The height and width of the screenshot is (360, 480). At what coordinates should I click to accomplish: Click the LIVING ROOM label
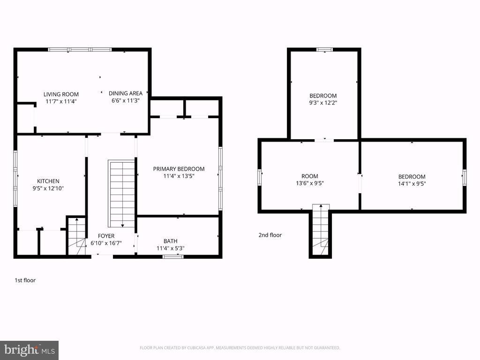click(x=61, y=94)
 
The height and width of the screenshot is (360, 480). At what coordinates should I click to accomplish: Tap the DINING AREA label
click(x=126, y=93)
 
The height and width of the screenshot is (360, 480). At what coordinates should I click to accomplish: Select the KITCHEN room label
click(x=48, y=181)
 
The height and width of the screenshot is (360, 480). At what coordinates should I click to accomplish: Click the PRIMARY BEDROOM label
click(x=179, y=169)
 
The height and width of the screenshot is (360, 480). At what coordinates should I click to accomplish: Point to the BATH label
click(x=170, y=241)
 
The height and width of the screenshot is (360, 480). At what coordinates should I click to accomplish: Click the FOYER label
click(x=106, y=236)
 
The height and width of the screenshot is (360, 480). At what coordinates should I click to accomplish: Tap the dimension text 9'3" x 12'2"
click(x=323, y=102)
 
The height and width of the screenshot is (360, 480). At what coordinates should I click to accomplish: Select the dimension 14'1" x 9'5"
click(x=412, y=183)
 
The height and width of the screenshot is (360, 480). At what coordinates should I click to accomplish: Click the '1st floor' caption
click(x=25, y=280)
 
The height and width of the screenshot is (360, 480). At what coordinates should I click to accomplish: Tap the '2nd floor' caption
click(x=270, y=235)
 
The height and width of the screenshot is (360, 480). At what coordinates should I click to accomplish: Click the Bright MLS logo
click(x=29, y=350)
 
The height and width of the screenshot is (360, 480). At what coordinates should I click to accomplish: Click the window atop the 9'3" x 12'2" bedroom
click(x=324, y=49)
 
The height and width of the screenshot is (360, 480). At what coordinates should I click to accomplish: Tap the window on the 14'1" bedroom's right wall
click(x=465, y=177)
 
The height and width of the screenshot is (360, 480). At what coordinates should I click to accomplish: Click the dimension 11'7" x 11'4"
click(x=61, y=101)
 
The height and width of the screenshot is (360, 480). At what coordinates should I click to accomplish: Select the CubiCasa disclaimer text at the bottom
click(x=240, y=348)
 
